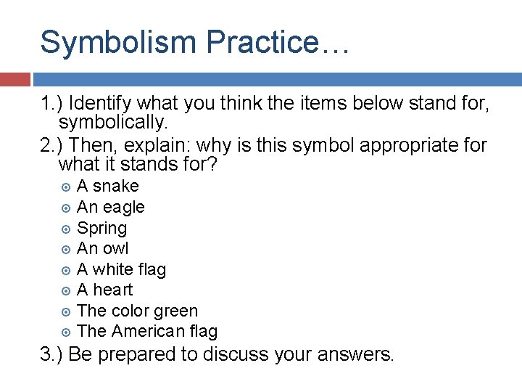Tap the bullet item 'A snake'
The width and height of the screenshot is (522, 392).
107,187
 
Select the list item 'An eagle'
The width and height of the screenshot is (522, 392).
110,208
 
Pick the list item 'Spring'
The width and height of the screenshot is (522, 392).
101,229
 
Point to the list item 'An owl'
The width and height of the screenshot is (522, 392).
102,249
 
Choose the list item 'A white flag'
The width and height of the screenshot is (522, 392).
121,270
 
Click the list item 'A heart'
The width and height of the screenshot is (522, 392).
104,290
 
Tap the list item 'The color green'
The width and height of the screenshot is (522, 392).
137,311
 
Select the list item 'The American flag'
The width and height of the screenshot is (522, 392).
146,332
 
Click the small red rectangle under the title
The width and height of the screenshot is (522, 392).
14,79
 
